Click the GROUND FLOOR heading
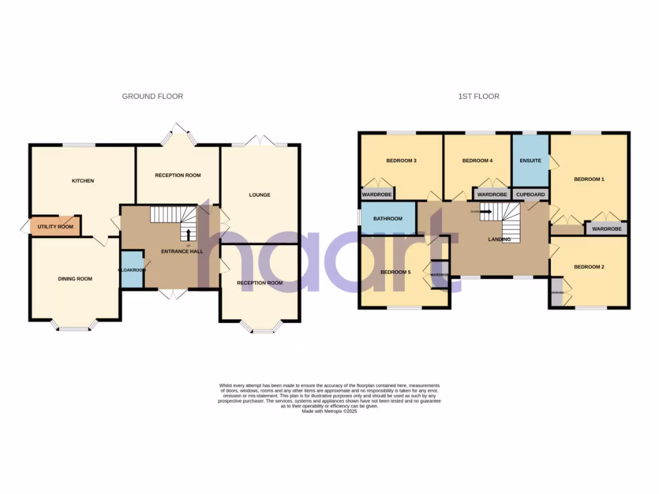(x=153, y=96)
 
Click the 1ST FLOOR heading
(x=478, y=96)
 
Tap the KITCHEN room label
(x=82, y=181)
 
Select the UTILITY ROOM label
(x=55, y=227)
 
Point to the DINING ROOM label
(x=75, y=279)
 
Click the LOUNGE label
(x=260, y=195)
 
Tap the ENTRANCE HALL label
(x=183, y=252)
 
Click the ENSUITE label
(x=530, y=160)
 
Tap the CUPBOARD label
(x=530, y=194)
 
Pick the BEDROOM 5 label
(x=396, y=272)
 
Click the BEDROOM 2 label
(x=589, y=267)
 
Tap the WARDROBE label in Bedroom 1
(x=606, y=228)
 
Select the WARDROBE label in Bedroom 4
(x=492, y=194)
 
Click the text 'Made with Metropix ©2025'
(x=329, y=411)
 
